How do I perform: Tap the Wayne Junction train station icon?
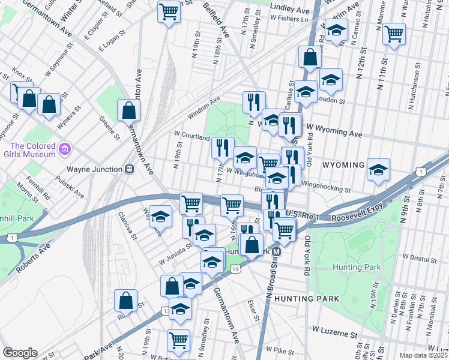(x=128, y=169)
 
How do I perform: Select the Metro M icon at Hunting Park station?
(x=277, y=251)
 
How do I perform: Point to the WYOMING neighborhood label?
(x=343, y=165)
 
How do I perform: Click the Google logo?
(x=20, y=352)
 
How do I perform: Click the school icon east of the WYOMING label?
(x=379, y=170)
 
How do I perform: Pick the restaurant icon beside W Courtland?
(x=223, y=147)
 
